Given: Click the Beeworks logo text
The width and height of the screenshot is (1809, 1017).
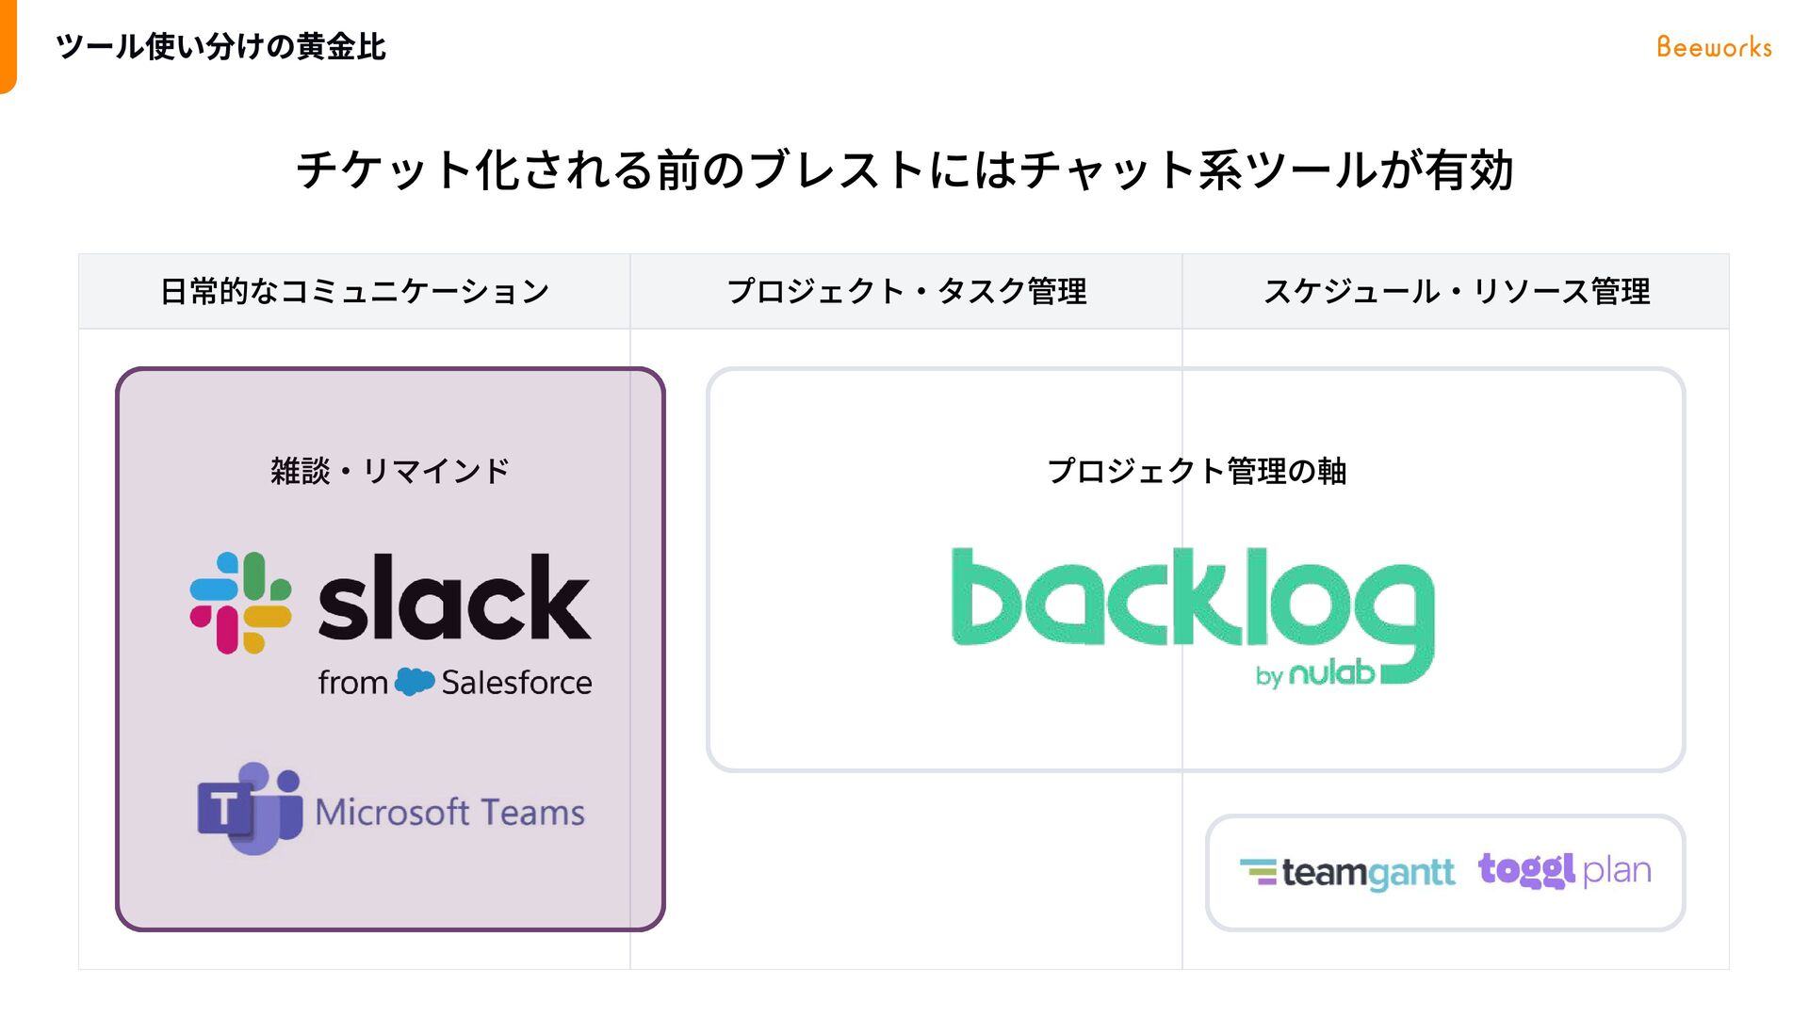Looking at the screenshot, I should [x=1714, y=47].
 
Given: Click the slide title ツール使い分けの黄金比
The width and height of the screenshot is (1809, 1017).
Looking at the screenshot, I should [x=220, y=46].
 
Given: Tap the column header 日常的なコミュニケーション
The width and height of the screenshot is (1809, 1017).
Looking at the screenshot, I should [x=354, y=291].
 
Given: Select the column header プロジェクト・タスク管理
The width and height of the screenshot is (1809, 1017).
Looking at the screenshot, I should [x=906, y=291].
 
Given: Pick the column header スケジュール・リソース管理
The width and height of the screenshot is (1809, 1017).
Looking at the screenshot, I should [x=1456, y=291].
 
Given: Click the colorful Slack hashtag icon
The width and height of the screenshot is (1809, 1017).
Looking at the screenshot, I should [x=240, y=603].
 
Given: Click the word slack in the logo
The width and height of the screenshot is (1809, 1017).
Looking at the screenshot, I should [x=454, y=598].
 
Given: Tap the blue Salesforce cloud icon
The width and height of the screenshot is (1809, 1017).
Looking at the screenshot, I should [x=415, y=681].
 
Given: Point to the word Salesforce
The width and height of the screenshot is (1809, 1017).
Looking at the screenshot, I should [x=516, y=682].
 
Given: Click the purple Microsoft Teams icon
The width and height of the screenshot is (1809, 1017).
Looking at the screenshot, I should [x=250, y=808].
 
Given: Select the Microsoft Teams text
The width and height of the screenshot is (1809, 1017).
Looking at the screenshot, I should [x=449, y=812].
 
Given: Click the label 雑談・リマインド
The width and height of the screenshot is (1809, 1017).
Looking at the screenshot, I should [x=390, y=470].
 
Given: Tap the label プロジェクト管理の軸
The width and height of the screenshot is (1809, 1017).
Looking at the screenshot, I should [x=1197, y=470].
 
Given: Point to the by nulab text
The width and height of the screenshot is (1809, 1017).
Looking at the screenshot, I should [x=1315, y=673].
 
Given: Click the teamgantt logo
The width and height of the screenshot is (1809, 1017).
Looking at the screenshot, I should [x=1347, y=873].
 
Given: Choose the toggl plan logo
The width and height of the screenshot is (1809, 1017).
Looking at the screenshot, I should [x=1564, y=870].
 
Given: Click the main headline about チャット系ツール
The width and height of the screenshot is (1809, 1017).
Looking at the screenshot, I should [x=904, y=170].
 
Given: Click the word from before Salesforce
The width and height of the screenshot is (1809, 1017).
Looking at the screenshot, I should [x=352, y=682].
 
